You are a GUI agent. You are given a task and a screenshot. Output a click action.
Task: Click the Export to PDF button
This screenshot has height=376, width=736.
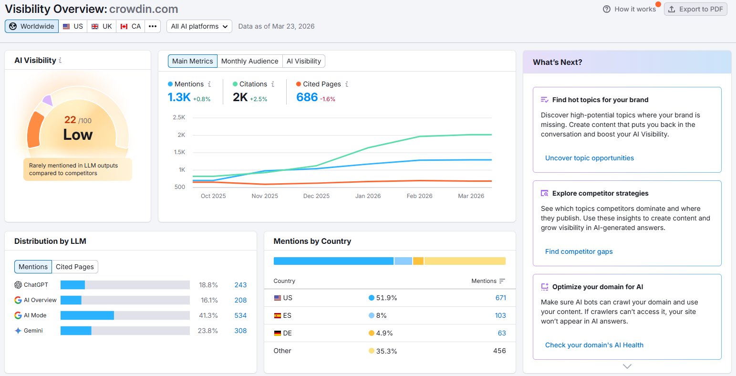pos(695,9)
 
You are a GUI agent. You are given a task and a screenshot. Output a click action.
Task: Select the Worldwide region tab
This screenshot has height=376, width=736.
pos(31,26)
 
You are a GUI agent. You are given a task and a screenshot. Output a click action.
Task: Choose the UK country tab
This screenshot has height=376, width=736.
pos(102,26)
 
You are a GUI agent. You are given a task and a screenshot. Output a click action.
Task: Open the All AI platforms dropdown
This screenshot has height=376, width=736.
pos(199,26)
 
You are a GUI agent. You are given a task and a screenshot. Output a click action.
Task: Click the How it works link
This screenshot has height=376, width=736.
pos(630,9)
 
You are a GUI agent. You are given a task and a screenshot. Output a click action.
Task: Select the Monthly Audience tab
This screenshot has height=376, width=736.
pos(249,61)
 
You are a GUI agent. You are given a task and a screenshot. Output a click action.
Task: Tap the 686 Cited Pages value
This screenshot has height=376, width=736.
pos(307,97)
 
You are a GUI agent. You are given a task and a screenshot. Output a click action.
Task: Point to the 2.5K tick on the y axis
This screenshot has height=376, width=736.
pos(179,117)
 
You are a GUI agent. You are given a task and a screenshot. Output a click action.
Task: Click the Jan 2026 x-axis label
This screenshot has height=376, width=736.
pos(368,196)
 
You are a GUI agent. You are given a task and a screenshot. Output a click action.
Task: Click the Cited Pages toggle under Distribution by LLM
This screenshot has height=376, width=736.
pos(75,267)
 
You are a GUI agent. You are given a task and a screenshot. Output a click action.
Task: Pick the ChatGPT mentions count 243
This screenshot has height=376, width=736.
pos(240,285)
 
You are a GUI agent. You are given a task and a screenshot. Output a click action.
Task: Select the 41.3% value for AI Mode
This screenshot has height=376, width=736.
pos(208,315)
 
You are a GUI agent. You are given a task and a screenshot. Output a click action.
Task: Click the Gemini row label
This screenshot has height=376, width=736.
pos(33,331)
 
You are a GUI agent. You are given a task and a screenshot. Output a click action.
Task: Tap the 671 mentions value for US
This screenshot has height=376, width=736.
pos(500,298)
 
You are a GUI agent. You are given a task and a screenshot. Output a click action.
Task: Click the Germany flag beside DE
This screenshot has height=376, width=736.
pos(278,333)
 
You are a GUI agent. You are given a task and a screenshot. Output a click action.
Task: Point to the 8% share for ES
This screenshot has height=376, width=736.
pos(381,315)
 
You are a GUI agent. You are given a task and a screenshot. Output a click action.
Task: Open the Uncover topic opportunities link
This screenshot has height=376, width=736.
pos(590,158)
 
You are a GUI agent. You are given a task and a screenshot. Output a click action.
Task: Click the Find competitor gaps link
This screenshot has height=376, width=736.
pos(579,251)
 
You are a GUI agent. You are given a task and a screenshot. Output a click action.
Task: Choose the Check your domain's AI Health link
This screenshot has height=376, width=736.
pos(594,345)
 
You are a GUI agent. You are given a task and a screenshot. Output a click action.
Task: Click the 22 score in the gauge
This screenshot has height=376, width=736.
pos(70,120)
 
